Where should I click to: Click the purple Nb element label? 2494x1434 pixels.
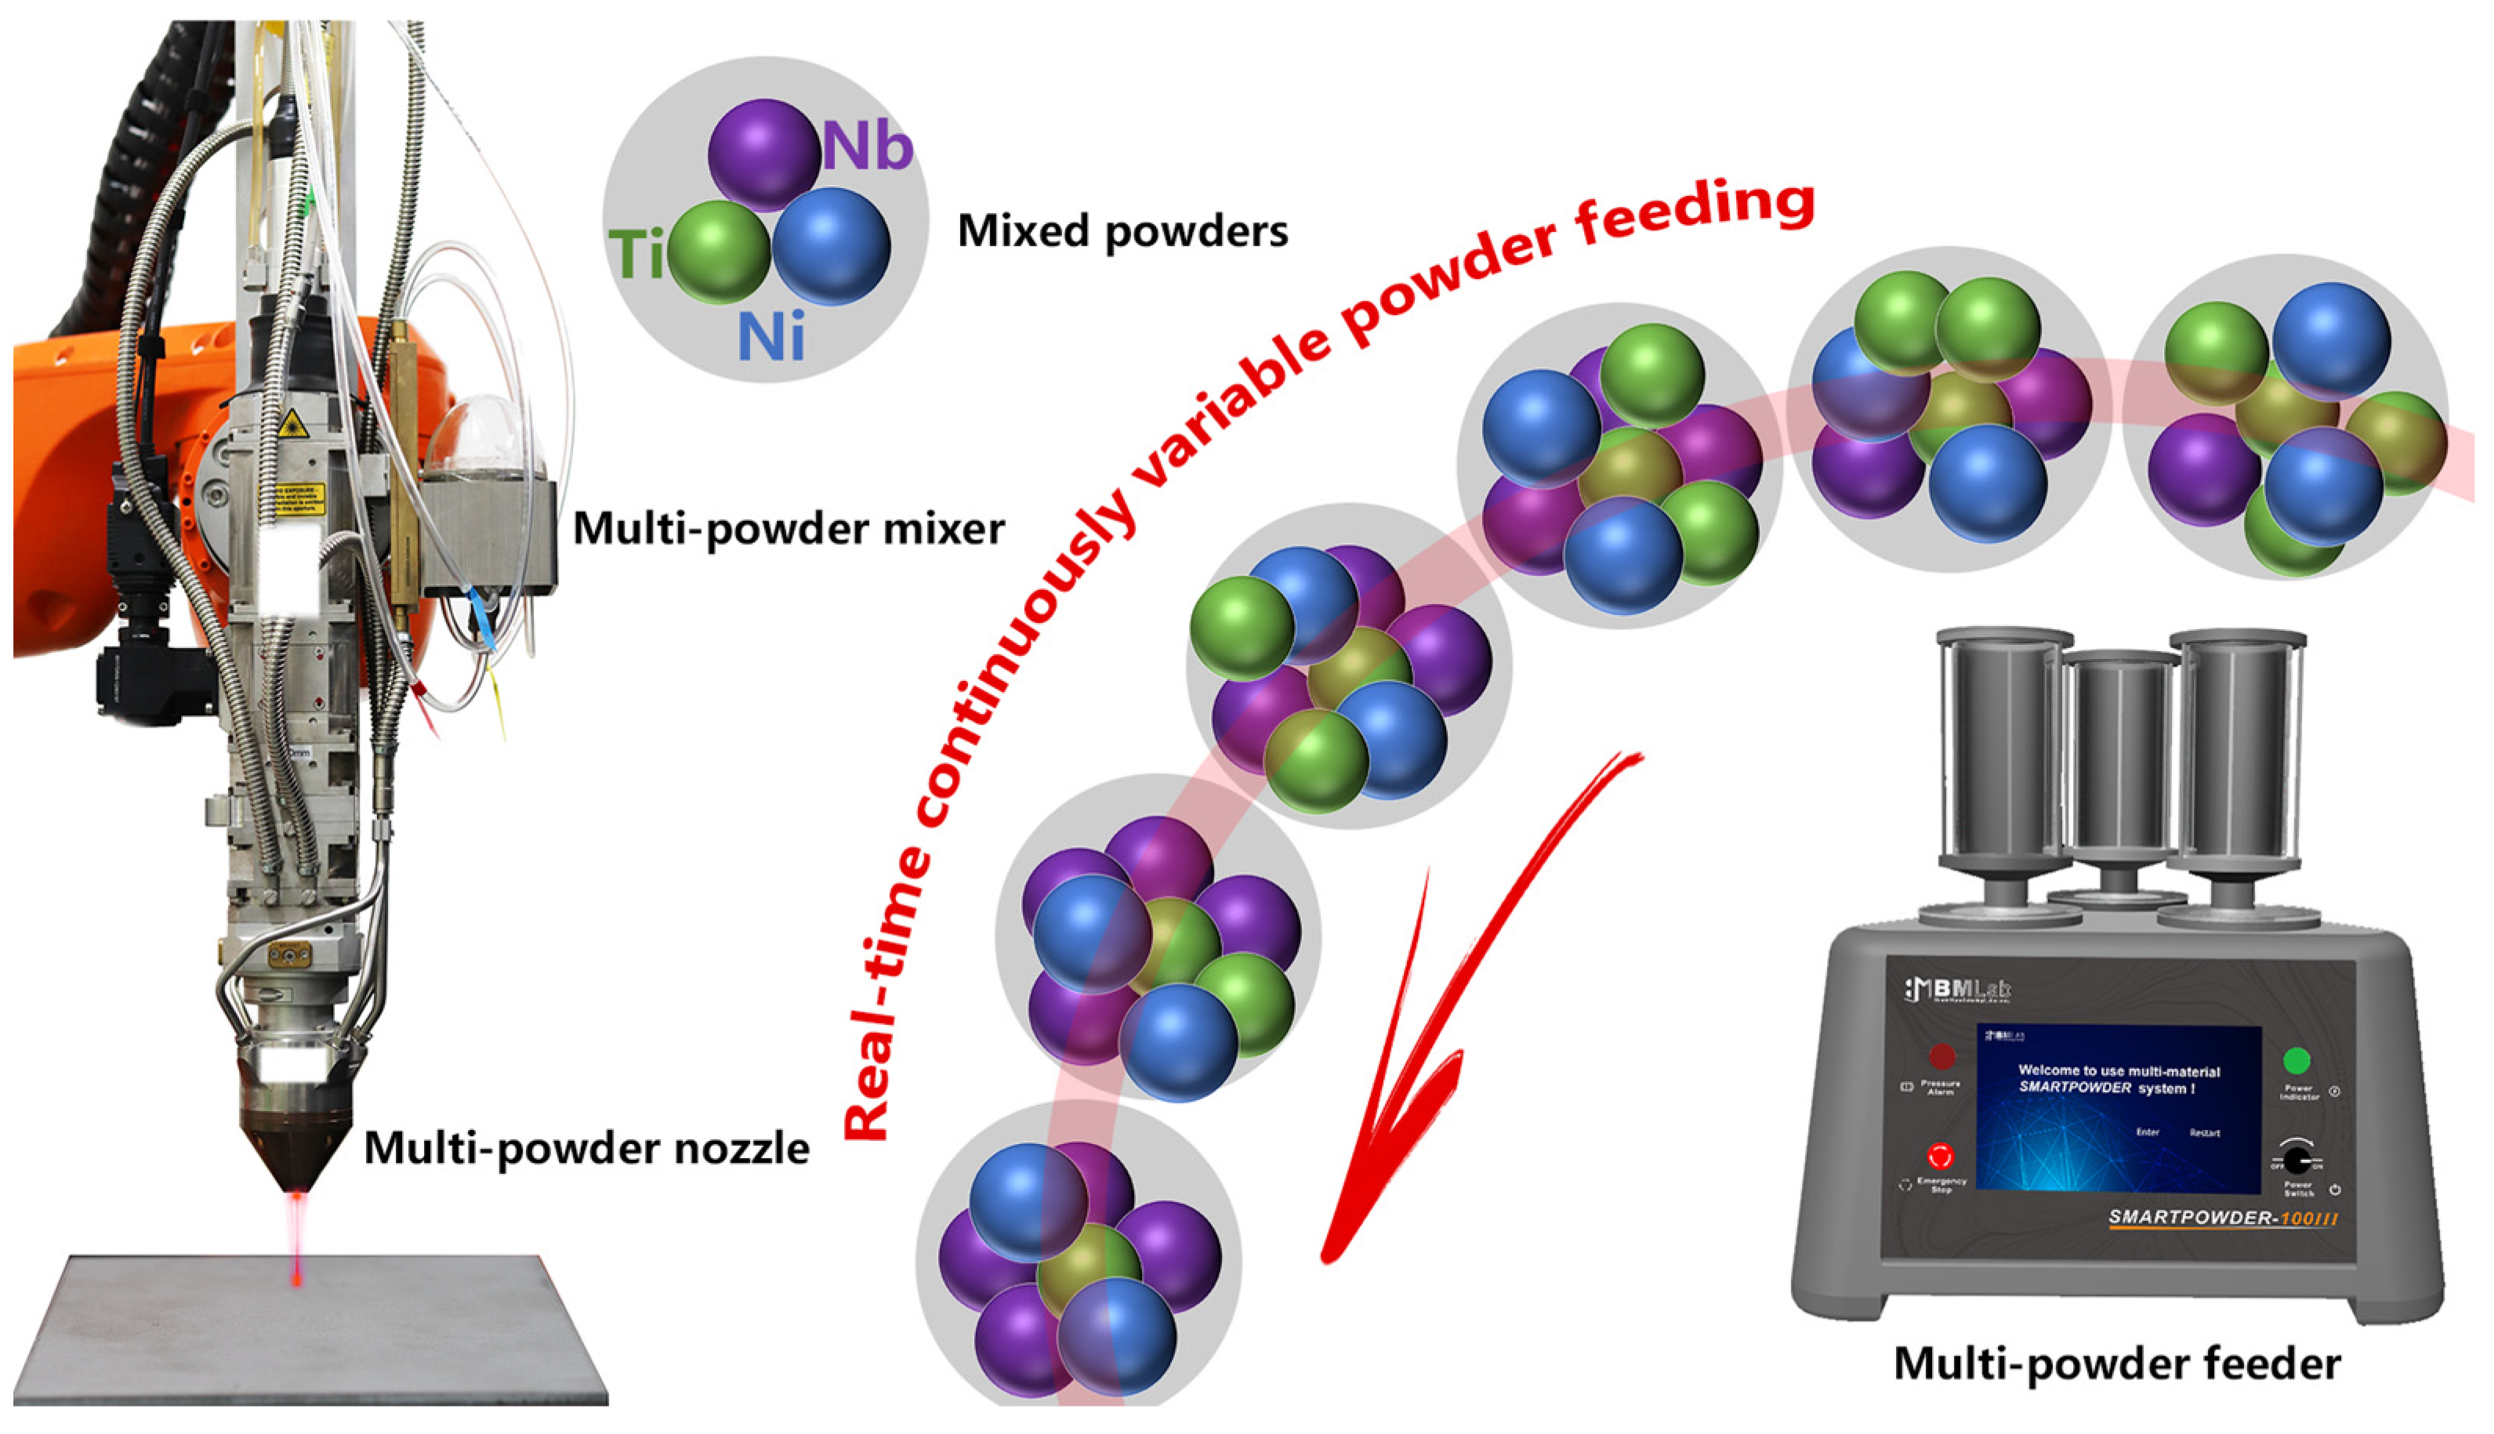tap(868, 149)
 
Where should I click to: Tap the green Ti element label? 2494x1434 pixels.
tap(636, 254)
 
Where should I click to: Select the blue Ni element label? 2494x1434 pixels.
tap(771, 338)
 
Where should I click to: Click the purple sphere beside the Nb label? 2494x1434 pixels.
tap(763, 153)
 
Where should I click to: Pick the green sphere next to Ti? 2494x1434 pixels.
tap(718, 252)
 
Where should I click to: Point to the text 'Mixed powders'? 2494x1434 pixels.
tap(1123, 231)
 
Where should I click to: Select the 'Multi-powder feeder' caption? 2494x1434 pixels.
tap(2118, 1365)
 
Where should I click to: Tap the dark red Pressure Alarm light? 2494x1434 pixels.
tap(1941, 1057)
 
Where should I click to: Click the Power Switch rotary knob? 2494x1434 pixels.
tap(2297, 1157)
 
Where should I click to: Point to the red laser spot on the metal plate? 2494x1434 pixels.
tap(296, 1277)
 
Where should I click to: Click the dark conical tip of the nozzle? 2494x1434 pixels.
tap(296, 1153)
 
